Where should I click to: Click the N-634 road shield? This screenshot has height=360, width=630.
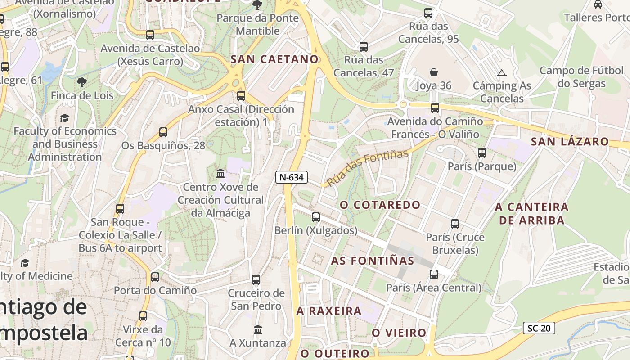point(291,177)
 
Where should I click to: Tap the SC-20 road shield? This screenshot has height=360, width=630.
point(539,328)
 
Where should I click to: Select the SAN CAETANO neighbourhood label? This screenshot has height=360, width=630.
point(274,59)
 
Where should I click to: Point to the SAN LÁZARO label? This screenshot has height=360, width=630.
point(570,141)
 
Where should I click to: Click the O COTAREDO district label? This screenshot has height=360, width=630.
point(380,205)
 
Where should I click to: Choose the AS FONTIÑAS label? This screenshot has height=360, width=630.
point(373,261)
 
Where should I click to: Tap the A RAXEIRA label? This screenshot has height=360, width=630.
point(329,310)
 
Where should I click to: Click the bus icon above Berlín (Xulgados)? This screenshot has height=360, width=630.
point(316,217)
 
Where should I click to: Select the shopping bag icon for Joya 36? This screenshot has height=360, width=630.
point(434,72)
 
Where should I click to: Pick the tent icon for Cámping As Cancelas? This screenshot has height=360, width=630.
point(502,72)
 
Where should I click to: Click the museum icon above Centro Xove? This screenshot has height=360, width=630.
point(220,173)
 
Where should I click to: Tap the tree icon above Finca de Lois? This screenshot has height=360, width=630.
point(81,82)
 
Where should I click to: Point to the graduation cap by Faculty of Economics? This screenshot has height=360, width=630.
point(65,118)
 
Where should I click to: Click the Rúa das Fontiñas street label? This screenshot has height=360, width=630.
point(368,167)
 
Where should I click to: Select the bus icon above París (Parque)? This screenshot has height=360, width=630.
point(482,153)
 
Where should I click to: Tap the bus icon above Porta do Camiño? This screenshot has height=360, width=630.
point(155,277)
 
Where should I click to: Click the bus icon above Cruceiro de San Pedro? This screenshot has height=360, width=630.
point(256,280)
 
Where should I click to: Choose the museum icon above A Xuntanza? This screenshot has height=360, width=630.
point(258,330)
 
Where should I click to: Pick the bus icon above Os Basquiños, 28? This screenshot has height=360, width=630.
point(163,132)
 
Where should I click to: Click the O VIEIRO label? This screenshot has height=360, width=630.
point(399,333)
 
